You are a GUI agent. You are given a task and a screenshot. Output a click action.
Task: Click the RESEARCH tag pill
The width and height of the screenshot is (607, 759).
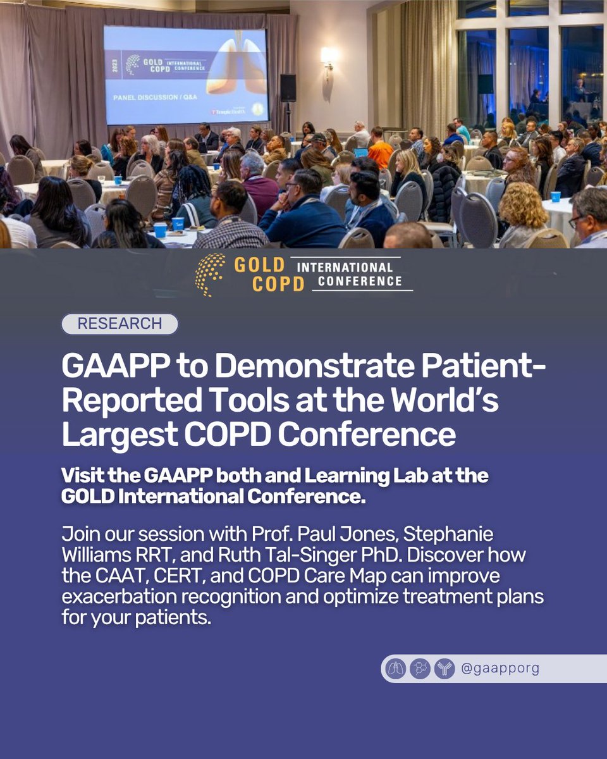pyautogui.click(x=120, y=324)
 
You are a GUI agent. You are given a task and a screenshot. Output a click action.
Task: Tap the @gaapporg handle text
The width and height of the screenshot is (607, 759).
pyautogui.click(x=500, y=669)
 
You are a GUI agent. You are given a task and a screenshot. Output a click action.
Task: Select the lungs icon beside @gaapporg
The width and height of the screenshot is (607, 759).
pyautogui.click(x=395, y=669)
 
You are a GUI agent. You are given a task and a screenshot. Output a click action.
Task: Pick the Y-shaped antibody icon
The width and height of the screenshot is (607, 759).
pyautogui.click(x=444, y=669)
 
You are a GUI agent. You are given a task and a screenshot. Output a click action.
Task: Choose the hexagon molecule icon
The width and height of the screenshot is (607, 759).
pyautogui.click(x=420, y=669)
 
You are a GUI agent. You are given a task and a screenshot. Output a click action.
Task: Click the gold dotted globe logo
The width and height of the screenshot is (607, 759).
pyautogui.click(x=210, y=274)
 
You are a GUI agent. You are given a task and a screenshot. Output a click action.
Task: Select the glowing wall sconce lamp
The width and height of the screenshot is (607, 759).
pyautogui.click(x=328, y=57)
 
